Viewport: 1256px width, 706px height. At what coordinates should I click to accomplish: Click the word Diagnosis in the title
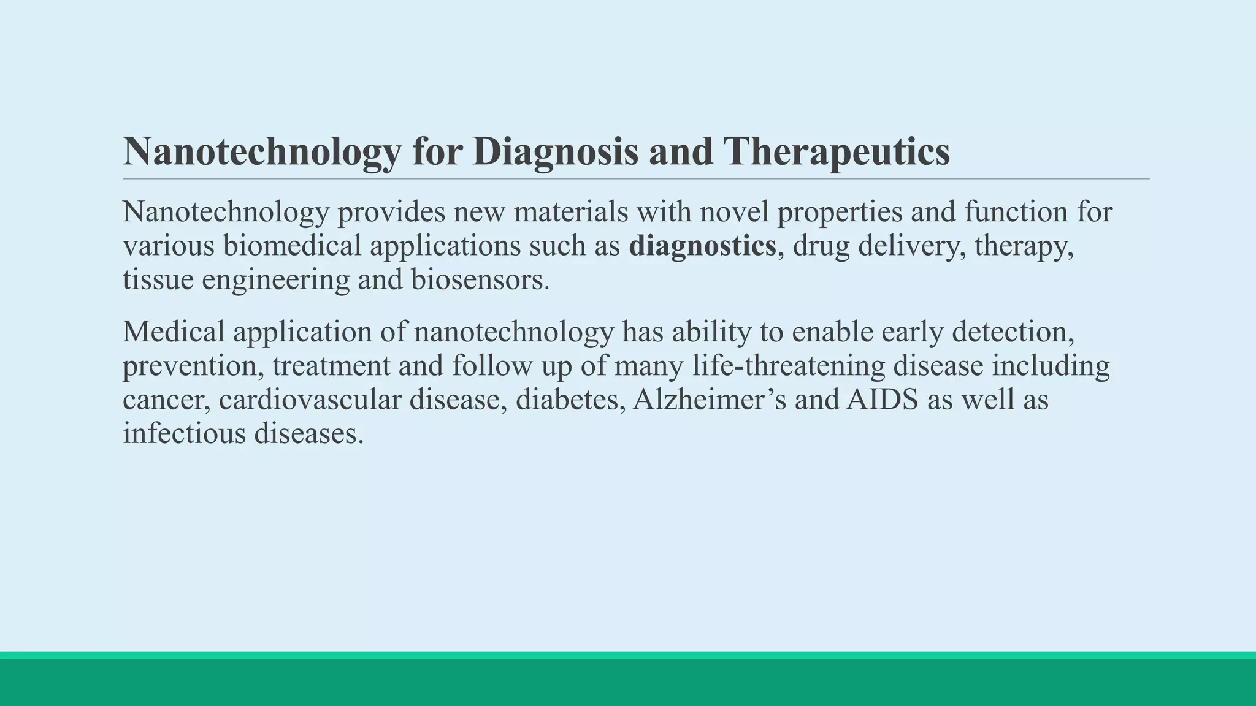tap(555, 151)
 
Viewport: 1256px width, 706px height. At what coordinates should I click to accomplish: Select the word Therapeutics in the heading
tap(837, 151)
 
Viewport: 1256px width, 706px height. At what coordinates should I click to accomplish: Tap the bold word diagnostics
tap(702, 246)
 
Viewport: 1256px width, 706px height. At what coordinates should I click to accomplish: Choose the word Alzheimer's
tap(710, 400)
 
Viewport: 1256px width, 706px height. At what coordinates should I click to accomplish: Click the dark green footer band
tap(628, 683)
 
